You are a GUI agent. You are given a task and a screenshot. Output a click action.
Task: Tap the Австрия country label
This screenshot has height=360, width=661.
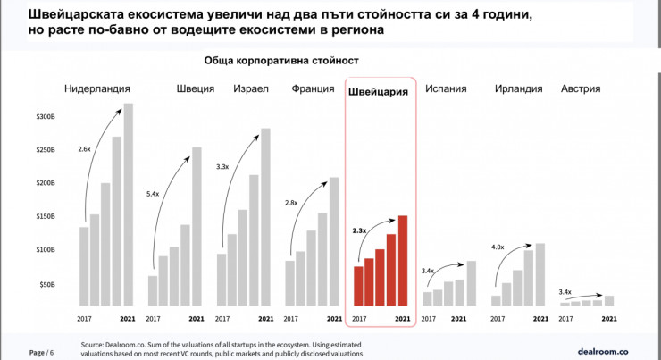tap(580, 89)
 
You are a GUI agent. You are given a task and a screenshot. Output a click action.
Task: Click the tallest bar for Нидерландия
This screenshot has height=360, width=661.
tap(128, 205)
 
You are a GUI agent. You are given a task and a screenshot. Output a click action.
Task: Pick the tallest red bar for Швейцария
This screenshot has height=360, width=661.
tap(403, 260)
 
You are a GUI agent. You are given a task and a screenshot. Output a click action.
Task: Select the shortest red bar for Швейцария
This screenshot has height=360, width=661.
tap(358, 286)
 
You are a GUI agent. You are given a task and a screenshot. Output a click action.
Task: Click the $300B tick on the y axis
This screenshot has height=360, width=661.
tap(44, 117)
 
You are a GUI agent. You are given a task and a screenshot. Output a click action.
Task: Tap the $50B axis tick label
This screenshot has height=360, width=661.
tap(46, 284)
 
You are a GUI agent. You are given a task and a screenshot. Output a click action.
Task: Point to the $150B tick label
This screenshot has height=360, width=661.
tap(44, 217)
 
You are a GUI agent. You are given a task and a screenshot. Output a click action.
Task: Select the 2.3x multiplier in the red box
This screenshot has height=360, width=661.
tap(360, 230)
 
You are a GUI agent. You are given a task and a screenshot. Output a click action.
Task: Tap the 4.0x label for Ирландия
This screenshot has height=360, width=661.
tap(498, 247)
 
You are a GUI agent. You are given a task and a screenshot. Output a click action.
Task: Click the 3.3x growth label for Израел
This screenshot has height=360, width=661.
tap(223, 167)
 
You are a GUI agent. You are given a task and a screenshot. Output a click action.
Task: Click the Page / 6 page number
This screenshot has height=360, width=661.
tap(41, 352)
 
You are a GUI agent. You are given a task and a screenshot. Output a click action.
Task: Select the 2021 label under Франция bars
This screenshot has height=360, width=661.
tap(333, 318)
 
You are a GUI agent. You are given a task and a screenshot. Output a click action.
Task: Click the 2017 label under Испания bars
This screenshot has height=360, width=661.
tap(428, 318)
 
